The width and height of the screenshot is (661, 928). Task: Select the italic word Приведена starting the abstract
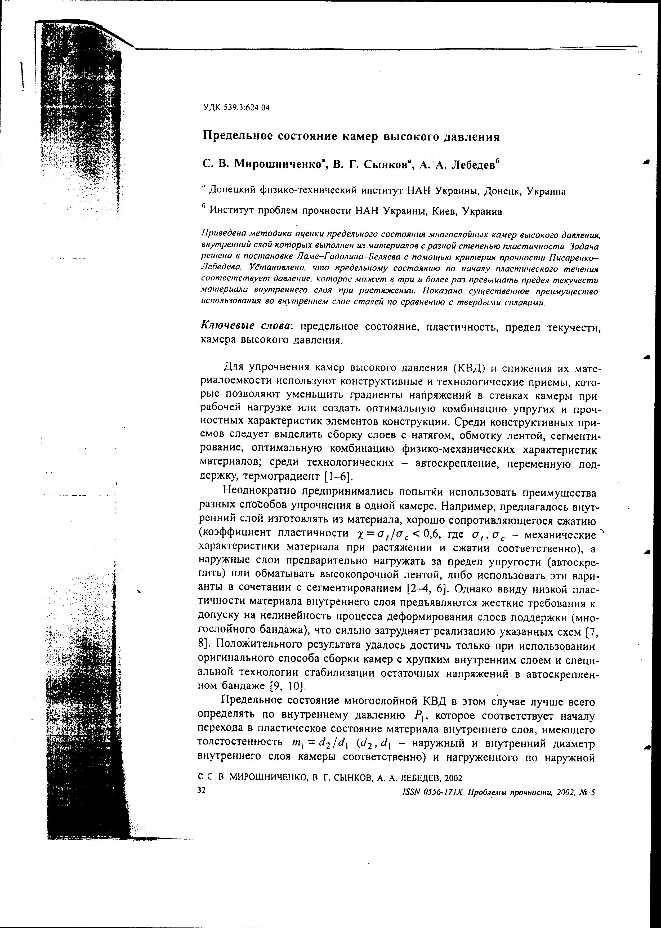pos(222,235)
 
